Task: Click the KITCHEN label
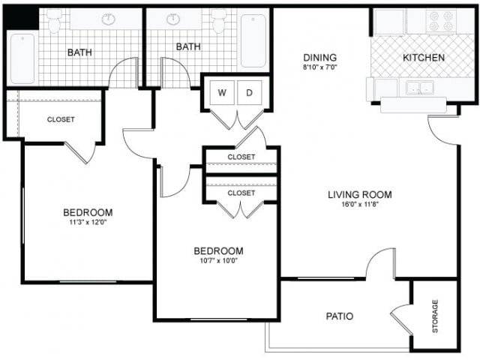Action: tap(424, 58)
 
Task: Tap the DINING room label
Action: tap(319, 58)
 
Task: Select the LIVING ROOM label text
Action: tap(360, 195)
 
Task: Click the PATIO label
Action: tap(340, 316)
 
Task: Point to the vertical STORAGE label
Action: tap(435, 316)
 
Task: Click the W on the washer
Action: tap(222, 93)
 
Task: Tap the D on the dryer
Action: tap(250, 93)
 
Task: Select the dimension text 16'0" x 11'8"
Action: tap(360, 204)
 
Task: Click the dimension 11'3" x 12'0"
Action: tap(88, 222)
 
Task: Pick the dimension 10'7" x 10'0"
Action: tap(218, 261)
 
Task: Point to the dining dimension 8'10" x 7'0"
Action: tap(319, 67)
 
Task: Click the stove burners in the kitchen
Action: tap(441, 21)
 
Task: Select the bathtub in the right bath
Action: tap(253, 41)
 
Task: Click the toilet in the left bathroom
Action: tap(54, 22)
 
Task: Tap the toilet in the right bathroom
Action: tap(219, 22)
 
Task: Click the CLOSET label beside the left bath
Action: tap(61, 119)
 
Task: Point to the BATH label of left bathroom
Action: tap(80, 52)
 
